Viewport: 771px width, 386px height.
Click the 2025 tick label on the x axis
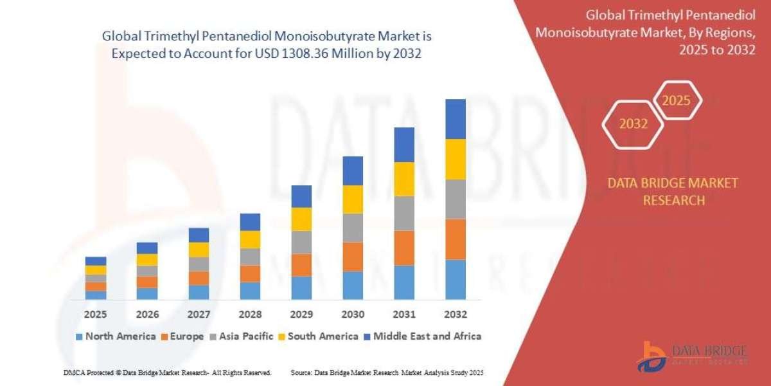[96, 315]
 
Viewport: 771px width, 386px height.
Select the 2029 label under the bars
[301, 315]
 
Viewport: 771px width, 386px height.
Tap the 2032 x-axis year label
[455, 315]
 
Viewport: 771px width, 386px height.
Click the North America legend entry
[115, 336]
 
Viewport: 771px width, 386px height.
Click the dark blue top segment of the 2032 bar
[455, 119]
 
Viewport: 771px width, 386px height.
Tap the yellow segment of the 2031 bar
[404, 179]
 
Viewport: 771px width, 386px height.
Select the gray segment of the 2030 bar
[353, 228]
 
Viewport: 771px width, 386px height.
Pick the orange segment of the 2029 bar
[301, 265]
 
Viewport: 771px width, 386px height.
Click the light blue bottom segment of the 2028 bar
[250, 291]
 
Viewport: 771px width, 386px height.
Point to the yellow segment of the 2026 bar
[147, 260]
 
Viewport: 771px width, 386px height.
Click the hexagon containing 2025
[676, 101]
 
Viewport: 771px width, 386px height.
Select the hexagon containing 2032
[634, 124]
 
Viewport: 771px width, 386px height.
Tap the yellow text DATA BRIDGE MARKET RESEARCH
[673, 192]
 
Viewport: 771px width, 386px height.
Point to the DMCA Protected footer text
[167, 372]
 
